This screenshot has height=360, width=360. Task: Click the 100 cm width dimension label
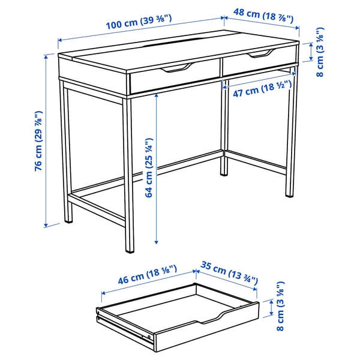[x=139, y=22]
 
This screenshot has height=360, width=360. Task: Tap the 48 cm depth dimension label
[x=263, y=16]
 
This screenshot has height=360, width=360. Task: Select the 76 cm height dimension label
[x=38, y=141]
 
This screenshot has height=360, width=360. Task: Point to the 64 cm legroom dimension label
[x=149, y=167]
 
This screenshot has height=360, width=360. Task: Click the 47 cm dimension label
[x=262, y=89]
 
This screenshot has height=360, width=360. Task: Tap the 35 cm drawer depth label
[x=229, y=272]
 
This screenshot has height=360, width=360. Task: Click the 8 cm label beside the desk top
[x=320, y=52]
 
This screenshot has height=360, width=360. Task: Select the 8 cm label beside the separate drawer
[x=280, y=306]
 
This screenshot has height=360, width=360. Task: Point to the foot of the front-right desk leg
[x=290, y=196]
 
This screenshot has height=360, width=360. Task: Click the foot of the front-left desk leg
[x=130, y=251]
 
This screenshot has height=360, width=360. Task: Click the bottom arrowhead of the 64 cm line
[x=157, y=242]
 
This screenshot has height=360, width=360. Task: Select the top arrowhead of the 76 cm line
[x=46, y=56]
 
